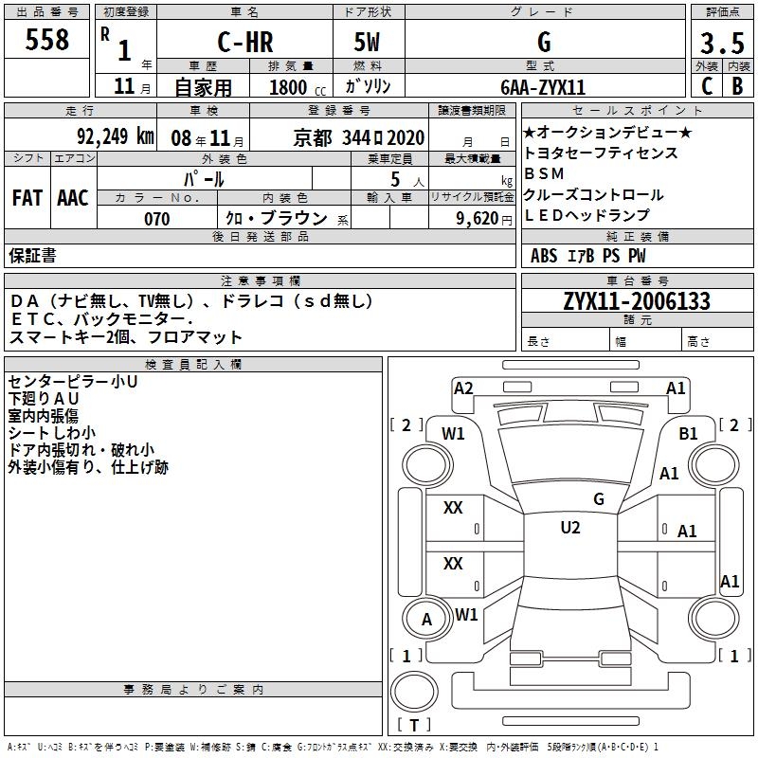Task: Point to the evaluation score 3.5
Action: tap(721, 44)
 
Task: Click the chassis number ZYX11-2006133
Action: tap(637, 301)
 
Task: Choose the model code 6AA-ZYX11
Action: tap(543, 86)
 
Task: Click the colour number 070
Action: tap(156, 219)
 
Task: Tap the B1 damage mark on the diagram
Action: tap(689, 433)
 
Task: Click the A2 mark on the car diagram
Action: tap(463, 388)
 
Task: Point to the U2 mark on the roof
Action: tap(570, 528)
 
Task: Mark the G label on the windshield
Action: tap(598, 498)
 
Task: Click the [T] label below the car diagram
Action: tap(414, 726)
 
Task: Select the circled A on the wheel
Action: tap(426, 620)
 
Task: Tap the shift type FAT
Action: tap(27, 197)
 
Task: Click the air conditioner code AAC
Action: tap(73, 197)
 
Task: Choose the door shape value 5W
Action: tap(369, 43)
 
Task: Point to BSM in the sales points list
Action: tap(544, 174)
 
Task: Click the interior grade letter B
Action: tap(737, 86)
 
